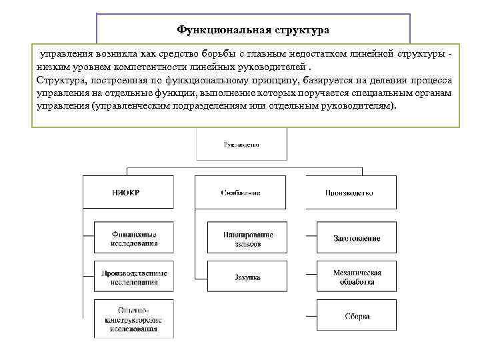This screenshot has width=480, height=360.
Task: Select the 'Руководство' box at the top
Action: click(241, 145)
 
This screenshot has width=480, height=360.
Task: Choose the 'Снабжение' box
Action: click(241, 193)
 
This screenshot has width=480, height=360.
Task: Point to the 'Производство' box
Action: click(350, 193)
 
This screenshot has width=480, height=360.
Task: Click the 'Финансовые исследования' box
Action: click(134, 239)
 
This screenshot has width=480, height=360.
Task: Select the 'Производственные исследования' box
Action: click(134, 277)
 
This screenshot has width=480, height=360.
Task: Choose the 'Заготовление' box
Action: click(357, 239)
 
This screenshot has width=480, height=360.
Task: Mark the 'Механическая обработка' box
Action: click(357, 277)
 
